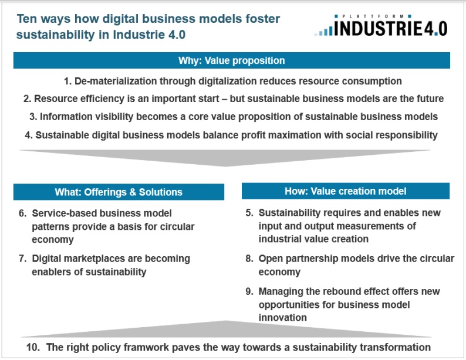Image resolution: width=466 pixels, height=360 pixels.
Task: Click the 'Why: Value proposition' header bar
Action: point(231,60)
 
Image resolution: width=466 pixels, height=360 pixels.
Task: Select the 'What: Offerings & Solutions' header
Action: point(119,192)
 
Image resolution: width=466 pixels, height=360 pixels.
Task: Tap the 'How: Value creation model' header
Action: point(346,191)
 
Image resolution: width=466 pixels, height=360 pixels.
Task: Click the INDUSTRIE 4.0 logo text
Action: point(390,29)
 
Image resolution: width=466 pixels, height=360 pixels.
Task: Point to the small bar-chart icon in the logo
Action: point(324,31)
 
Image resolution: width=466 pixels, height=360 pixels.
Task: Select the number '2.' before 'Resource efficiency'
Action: point(28,99)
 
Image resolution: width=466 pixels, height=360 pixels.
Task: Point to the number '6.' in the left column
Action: point(22,213)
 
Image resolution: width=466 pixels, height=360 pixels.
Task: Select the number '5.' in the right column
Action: point(249,212)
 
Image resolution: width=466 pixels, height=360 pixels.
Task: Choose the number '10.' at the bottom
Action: point(33,347)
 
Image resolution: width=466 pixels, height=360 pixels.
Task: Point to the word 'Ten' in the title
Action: point(27,19)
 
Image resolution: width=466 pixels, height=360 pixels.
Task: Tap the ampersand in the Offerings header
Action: point(132,192)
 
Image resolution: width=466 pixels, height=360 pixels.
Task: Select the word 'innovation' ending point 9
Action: point(282,318)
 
